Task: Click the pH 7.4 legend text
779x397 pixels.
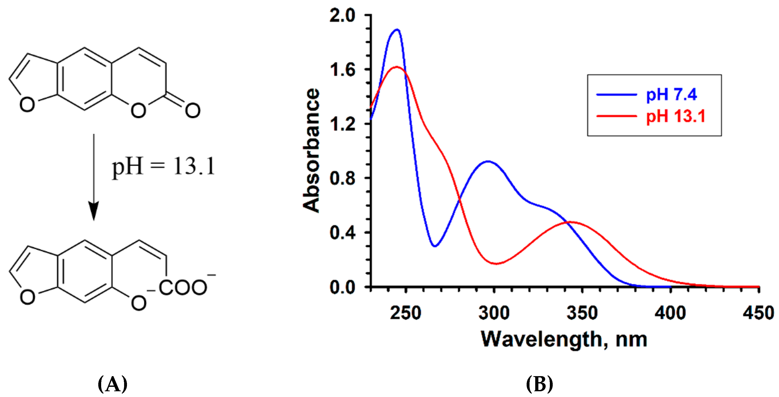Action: (x=671, y=94)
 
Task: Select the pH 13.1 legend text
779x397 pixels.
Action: (x=675, y=116)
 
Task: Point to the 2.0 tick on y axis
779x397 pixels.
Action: (x=342, y=15)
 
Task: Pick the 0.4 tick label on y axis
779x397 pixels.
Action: (x=342, y=233)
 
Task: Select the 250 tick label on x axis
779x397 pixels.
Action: (x=405, y=313)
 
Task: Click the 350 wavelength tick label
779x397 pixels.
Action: (x=582, y=313)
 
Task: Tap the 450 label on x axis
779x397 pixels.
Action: (x=758, y=313)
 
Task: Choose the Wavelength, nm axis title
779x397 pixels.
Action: (x=564, y=340)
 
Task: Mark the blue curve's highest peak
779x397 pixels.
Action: (x=397, y=30)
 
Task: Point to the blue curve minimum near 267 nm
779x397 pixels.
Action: (x=435, y=246)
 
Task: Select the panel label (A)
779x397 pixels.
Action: (x=112, y=384)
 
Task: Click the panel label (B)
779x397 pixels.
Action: (x=540, y=384)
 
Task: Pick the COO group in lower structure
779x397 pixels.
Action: (x=183, y=287)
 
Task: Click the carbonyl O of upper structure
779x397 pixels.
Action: (x=193, y=110)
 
